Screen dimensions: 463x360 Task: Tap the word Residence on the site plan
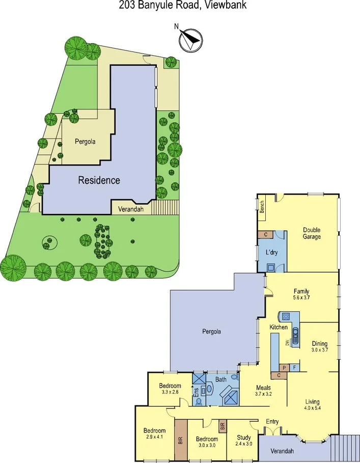(99, 180)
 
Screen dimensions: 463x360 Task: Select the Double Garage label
(312, 233)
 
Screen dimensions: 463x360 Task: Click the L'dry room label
(271, 253)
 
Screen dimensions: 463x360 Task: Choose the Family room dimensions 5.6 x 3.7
(302, 297)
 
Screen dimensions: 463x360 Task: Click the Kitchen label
(279, 328)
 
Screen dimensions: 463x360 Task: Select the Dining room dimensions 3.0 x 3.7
(319, 350)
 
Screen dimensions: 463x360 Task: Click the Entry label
(272, 421)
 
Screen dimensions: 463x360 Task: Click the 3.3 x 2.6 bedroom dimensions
(170, 392)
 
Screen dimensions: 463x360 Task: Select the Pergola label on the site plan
(85, 142)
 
